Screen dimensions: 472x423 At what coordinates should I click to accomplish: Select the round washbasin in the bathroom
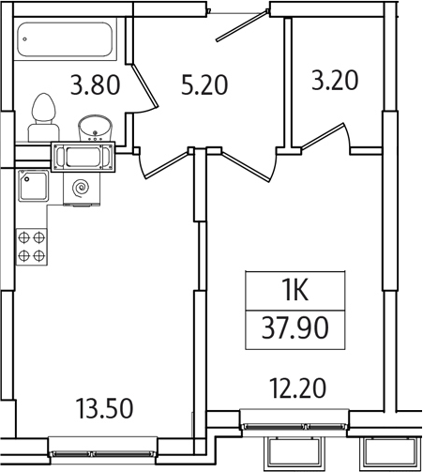click(94, 127)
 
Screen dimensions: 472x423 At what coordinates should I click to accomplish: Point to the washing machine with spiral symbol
click(82, 188)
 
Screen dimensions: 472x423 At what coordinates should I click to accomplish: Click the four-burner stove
click(31, 246)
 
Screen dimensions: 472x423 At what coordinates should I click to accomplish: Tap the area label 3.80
click(95, 85)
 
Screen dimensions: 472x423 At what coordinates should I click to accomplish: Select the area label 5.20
click(204, 86)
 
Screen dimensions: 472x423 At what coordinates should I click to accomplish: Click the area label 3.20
click(336, 81)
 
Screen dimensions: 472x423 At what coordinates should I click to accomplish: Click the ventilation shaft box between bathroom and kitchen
click(83, 156)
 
